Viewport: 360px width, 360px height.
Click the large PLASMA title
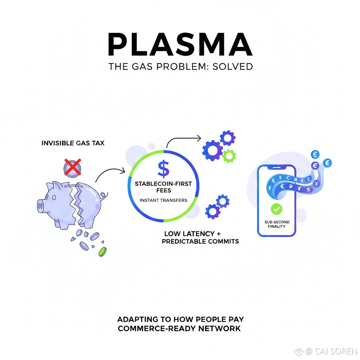point(180,45)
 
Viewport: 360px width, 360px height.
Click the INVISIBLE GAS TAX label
point(73,143)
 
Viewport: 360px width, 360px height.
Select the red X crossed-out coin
point(72,167)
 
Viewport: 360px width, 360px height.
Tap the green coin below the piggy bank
point(102,251)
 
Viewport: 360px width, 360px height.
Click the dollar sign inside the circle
point(163,168)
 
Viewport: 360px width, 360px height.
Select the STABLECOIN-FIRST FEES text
point(163,187)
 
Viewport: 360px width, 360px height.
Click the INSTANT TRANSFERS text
point(163,200)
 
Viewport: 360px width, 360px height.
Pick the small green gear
point(229,155)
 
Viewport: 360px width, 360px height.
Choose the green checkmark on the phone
point(276,209)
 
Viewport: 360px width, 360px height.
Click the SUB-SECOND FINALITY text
point(277,224)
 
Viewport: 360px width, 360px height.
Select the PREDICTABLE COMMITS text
point(200,242)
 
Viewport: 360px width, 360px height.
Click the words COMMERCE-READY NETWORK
point(179,328)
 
